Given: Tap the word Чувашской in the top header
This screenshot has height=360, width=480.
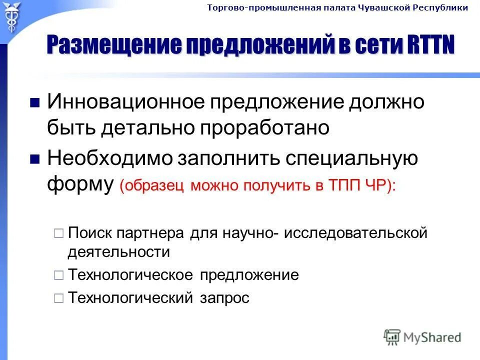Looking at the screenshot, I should pyautogui.click(x=384, y=7).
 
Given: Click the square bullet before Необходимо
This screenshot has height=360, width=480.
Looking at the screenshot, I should pyautogui.click(x=35, y=159).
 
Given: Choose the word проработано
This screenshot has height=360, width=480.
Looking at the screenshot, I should pyautogui.click(x=264, y=127).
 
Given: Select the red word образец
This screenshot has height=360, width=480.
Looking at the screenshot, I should pyautogui.click(x=153, y=186).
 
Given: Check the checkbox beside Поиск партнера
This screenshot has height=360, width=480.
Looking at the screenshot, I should pyautogui.click(x=58, y=233).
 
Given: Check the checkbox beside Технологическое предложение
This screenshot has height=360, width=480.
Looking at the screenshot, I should pyautogui.click(x=58, y=275).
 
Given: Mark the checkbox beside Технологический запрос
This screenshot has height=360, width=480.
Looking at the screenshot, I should pyautogui.click(x=58, y=298).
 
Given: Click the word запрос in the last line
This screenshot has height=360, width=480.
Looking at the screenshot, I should pyautogui.click(x=224, y=298).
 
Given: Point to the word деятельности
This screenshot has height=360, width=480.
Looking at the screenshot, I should pyautogui.click(x=118, y=251).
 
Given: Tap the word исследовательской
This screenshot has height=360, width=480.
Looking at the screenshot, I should pyautogui.click(x=355, y=233).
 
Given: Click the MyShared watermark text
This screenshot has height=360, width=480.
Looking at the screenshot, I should pyautogui.click(x=433, y=337).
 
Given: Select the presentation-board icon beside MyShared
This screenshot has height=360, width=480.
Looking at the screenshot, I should pyautogui.click(x=392, y=337).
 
